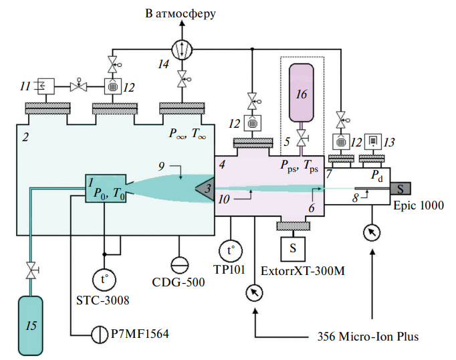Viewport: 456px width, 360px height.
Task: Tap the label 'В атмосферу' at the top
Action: pos(181,13)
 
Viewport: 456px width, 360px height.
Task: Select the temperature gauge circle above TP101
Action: pos(230,251)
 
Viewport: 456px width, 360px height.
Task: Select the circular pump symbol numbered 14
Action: pos(181,49)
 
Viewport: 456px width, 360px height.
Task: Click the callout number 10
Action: pos(226,199)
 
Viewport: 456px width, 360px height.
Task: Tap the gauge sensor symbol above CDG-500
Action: pos(178,262)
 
